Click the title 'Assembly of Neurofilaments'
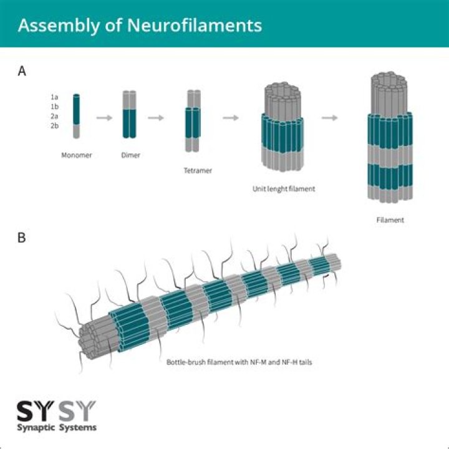tap(139, 26)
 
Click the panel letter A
tap(22, 71)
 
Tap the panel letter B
tap(22, 238)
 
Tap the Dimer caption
tap(130, 155)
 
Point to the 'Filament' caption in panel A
tap(390, 220)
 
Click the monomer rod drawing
tap(76, 116)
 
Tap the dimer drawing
tap(129, 115)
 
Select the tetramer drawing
tap(193, 121)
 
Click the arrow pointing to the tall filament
tap(330, 117)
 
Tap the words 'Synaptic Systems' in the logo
tap(56, 427)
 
